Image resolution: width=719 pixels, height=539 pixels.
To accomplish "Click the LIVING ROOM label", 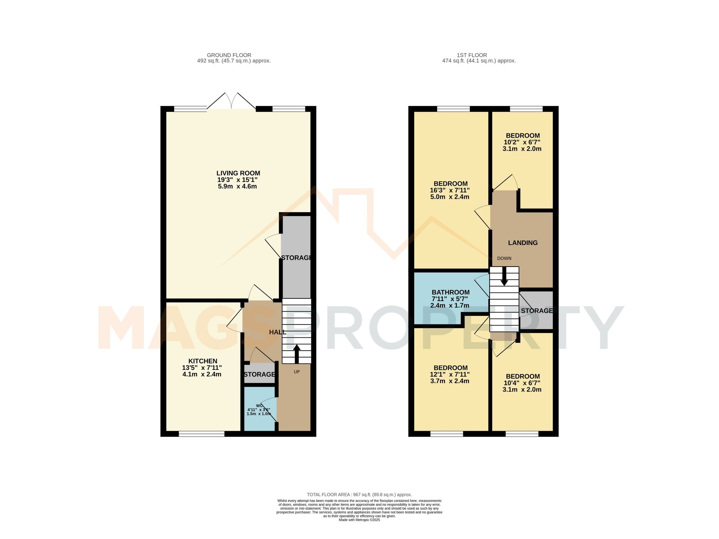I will (238, 173).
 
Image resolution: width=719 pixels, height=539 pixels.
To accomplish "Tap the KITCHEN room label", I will (203, 361).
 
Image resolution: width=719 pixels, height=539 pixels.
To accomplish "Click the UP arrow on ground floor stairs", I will (297, 354).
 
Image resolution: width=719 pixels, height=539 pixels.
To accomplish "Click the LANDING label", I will (523, 243).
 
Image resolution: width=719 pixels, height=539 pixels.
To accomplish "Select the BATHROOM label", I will (450, 292).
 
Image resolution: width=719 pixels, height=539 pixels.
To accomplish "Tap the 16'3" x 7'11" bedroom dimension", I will (449, 190).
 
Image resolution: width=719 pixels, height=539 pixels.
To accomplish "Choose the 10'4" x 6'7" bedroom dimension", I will (522, 383).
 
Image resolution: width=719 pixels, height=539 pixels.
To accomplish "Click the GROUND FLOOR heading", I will (229, 55).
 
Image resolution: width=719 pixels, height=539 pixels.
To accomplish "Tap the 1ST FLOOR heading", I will (472, 55).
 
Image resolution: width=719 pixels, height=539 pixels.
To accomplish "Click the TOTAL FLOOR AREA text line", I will (359, 494).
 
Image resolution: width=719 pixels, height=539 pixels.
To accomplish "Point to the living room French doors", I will (231, 102).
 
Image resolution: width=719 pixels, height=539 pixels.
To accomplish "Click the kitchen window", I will (202, 434).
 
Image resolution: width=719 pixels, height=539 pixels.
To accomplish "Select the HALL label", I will (278, 332).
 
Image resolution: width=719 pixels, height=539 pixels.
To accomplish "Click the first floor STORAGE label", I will (537, 311).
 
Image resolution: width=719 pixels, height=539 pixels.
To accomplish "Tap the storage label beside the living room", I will (296, 258).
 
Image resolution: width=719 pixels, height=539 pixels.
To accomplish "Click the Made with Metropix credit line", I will (359, 520).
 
